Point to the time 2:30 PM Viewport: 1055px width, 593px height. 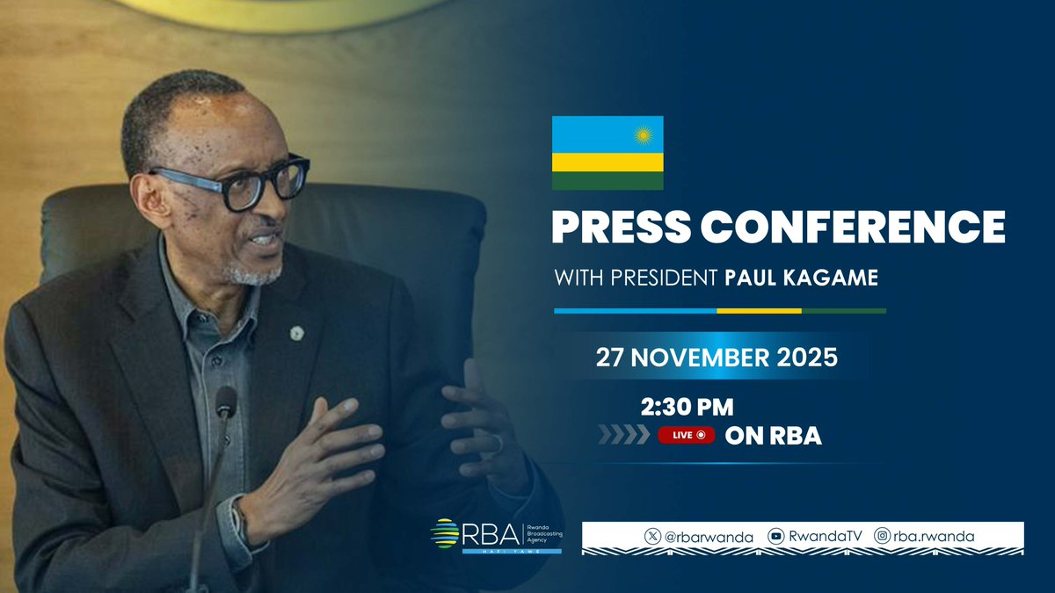(x=688, y=407)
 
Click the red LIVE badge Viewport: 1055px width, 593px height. (x=686, y=435)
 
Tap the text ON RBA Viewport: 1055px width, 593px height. (x=773, y=435)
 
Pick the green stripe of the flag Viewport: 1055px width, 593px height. (x=607, y=181)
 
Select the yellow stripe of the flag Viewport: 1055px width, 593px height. (x=607, y=163)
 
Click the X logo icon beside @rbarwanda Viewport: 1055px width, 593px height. (x=652, y=535)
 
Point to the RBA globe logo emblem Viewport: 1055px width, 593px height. (x=445, y=533)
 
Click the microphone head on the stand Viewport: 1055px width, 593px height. (x=226, y=402)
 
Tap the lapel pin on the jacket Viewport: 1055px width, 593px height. (x=297, y=333)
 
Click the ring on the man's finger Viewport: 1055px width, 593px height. (x=498, y=443)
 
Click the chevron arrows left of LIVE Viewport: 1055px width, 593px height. (x=624, y=435)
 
